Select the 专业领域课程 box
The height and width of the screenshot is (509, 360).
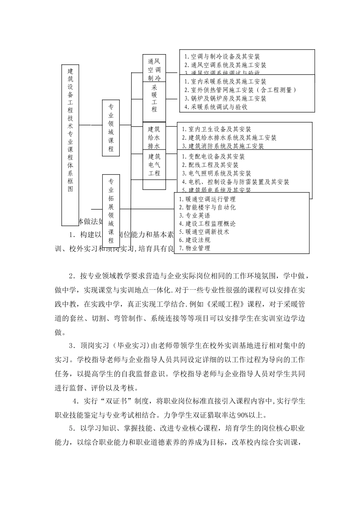point(111,128)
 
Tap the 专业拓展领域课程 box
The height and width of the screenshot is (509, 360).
point(111,211)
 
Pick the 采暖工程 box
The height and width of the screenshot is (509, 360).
point(154,98)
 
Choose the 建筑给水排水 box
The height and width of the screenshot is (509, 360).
point(154,137)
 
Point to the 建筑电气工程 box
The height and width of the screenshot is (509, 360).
point(154,165)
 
